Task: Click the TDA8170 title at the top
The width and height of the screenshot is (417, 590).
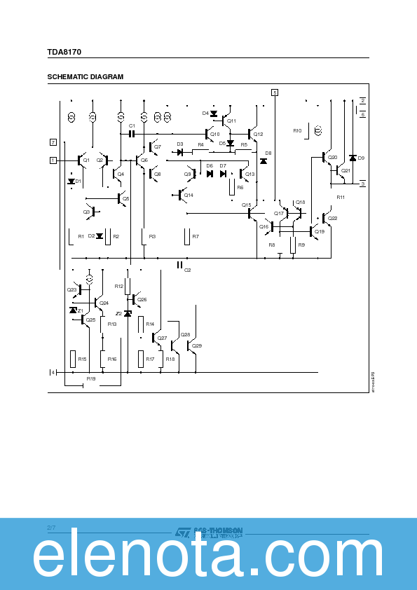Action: (64, 52)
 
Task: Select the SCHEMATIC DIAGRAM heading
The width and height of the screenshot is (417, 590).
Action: (85, 77)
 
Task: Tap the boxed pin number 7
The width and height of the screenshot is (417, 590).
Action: (53, 142)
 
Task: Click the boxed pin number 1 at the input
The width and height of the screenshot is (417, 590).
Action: (53, 160)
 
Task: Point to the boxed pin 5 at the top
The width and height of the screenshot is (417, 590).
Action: (275, 92)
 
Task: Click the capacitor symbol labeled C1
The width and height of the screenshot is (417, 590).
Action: (132, 133)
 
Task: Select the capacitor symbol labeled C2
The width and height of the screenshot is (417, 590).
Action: (180, 264)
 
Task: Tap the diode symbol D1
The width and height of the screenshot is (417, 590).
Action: (71, 181)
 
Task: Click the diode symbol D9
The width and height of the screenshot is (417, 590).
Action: (353, 158)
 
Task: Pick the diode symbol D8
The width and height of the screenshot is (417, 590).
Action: (264, 161)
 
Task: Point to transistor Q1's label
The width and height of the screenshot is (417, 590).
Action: (86, 160)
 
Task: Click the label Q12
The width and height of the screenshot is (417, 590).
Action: (258, 134)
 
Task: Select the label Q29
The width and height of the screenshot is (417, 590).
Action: (197, 345)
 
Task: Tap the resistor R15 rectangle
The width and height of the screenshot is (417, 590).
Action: (73, 359)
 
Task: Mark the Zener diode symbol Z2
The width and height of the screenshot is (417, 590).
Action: (128, 313)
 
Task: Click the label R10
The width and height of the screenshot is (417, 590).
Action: (297, 131)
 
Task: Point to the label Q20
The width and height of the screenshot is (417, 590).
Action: (332, 158)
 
